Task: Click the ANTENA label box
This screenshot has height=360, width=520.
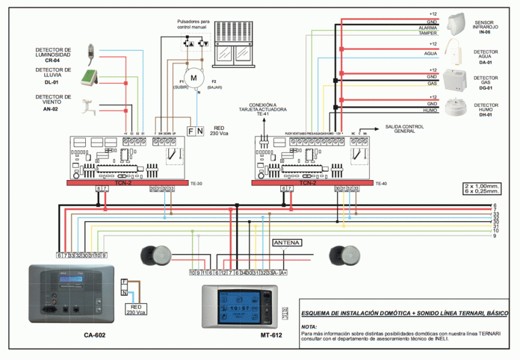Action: pos(287,243)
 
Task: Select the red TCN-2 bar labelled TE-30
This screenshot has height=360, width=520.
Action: pos(123,183)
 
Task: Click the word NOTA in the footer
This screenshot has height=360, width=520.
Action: pos(309,326)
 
